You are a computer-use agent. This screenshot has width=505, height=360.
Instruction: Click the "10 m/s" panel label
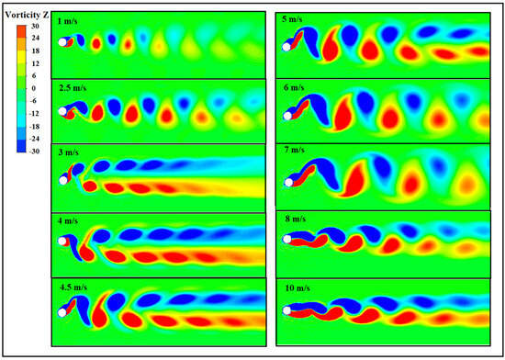pyautogui.click(x=296, y=287)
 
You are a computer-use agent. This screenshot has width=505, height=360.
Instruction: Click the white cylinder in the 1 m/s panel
pyautogui.click(x=62, y=42)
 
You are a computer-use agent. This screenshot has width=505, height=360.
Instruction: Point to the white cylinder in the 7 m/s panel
pyautogui.click(x=288, y=181)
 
